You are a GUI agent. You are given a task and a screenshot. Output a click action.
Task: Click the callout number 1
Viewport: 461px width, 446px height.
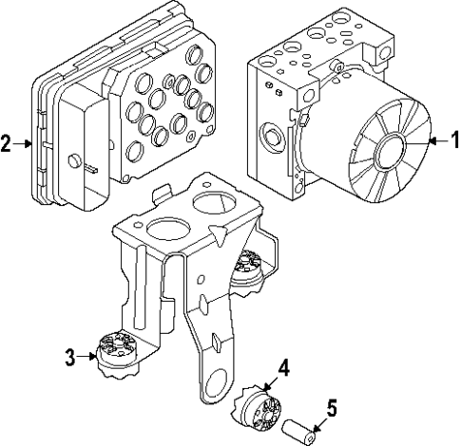(x=452, y=140)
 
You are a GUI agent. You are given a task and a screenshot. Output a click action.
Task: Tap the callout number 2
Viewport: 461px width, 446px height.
(x=8, y=144)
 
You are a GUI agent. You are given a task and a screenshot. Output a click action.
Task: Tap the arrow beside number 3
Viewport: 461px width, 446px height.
(x=86, y=357)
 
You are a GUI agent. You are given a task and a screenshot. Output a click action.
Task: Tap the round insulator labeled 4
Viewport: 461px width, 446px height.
(x=257, y=405)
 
